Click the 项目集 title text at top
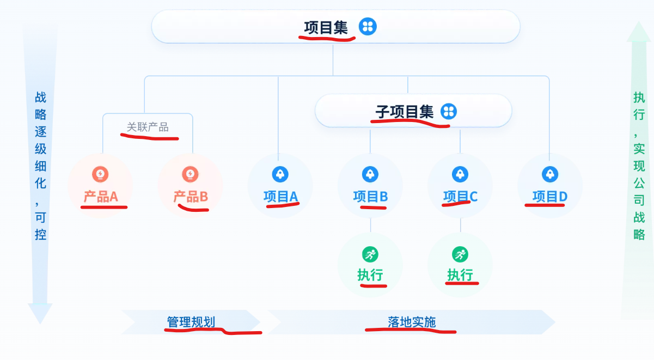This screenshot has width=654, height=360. point(326,27)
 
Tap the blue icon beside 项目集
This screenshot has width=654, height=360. point(368,26)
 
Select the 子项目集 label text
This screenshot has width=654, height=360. point(404,112)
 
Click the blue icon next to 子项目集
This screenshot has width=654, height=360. point(449,111)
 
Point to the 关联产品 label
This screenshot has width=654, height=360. point(148,127)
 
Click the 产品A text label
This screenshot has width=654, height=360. point(101,197)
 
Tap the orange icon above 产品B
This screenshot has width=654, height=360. point(190,174)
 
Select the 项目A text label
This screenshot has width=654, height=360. point(280,197)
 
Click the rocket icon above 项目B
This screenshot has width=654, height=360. point(370,174)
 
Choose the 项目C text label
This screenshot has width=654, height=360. point(460,197)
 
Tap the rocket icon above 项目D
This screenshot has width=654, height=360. point(549,174)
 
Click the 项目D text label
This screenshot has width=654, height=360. point(550,197)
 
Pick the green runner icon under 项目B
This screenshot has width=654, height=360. point(370,254)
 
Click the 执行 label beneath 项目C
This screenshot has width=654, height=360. point(460,275)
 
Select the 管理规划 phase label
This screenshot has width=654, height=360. point(191,322)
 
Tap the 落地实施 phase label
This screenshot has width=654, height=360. point(412,322)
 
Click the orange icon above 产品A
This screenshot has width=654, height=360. point(100,174)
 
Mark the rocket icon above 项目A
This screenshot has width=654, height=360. point(280,174)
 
